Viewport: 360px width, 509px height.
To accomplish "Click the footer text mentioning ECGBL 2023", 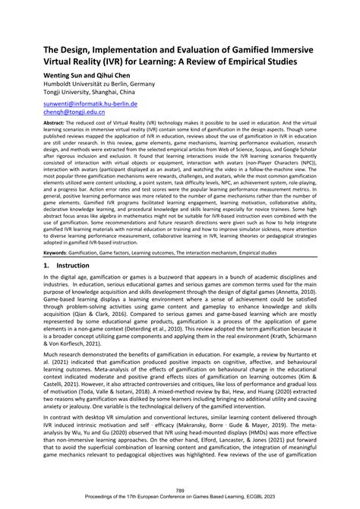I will coord(179,498).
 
